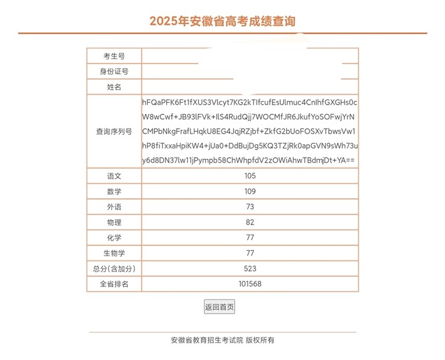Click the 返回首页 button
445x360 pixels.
click(219, 307)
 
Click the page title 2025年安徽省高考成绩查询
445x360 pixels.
click(222, 21)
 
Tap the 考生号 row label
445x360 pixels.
click(114, 56)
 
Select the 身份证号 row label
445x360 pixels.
click(114, 72)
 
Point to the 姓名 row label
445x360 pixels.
click(114, 87)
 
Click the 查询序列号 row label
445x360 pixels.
click(114, 132)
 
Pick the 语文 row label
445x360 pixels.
click(114, 176)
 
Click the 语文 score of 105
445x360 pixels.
click(250, 176)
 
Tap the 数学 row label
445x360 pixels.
click(114, 192)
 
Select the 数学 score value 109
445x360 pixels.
click(250, 192)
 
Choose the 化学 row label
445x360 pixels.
click(114, 238)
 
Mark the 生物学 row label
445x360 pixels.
click(114, 253)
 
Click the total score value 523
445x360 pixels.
click(250, 268)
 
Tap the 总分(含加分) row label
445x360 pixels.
click(114, 268)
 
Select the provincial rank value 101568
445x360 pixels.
click(250, 284)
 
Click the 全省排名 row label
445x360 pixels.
click(114, 284)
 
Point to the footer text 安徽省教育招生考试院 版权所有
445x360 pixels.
click(222, 340)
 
